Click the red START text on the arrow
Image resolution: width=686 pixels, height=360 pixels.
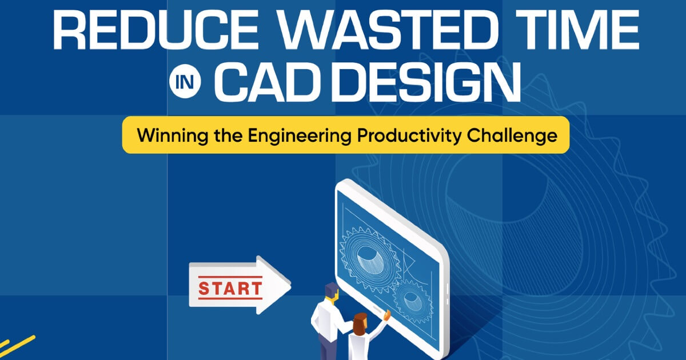coord(230,287)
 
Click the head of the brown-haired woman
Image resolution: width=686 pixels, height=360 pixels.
coord(360,323)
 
